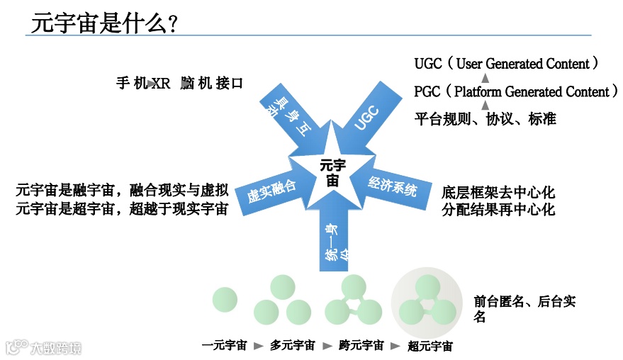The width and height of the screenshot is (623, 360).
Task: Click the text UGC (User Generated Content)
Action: pos(507,64)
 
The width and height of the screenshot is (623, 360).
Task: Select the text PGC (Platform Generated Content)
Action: pos(516,92)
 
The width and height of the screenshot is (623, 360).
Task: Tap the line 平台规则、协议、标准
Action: pos(486,119)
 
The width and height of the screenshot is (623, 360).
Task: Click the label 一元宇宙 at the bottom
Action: pos(225,346)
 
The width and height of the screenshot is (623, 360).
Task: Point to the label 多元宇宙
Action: pos(293,346)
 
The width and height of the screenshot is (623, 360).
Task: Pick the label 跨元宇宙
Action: pos(361,346)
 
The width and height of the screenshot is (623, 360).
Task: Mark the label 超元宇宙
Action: pos(430,347)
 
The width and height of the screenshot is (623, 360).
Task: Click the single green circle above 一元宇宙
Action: pos(225,299)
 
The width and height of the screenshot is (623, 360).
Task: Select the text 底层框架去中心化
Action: pos(498,192)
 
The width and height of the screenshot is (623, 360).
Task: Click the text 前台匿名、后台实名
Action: pos(524,309)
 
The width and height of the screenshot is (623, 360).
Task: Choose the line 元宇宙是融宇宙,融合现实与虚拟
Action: pos(122,190)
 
